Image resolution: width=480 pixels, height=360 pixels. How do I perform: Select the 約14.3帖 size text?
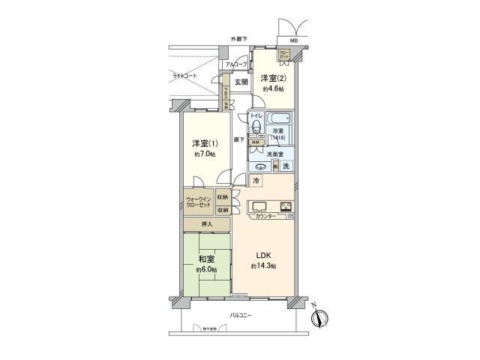click(262, 266)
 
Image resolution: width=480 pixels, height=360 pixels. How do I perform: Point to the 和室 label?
click(206, 259)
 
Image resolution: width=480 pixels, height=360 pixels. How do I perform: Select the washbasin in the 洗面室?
click(262, 166)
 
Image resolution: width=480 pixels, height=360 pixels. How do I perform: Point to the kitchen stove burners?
click(286, 207)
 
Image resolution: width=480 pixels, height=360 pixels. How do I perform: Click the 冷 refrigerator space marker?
click(256, 181)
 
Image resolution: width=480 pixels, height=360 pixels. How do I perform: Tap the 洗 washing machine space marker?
click(286, 165)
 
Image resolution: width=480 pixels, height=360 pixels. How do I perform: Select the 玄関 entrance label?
click(241, 82)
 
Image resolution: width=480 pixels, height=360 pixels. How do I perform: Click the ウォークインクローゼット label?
click(199, 202)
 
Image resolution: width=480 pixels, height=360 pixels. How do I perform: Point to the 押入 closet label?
click(207, 224)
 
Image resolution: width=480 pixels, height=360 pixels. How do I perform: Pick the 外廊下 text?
click(239, 39)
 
